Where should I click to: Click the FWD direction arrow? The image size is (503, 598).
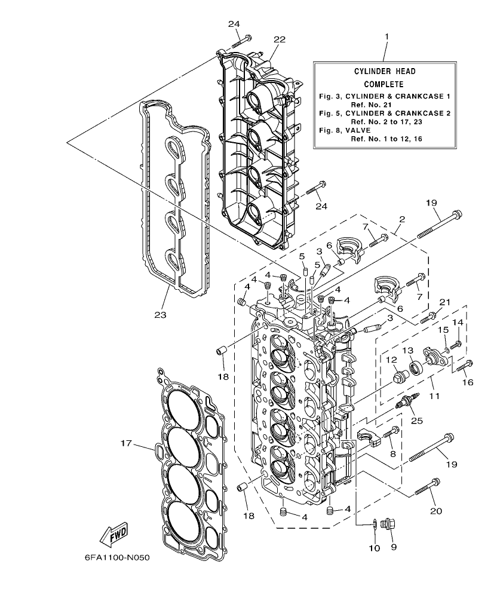(113, 535)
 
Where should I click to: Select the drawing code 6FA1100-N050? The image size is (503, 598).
(116, 558)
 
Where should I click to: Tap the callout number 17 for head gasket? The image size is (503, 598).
(125, 443)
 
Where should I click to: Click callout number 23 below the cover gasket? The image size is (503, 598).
(160, 314)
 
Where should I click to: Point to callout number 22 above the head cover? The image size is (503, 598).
(280, 39)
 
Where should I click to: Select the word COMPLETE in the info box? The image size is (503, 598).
(383, 84)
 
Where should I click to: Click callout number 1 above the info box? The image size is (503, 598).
(387, 36)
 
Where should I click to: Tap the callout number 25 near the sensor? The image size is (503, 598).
(416, 421)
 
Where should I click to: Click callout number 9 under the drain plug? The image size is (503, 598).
(393, 546)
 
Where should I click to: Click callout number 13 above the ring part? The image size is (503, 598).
(407, 349)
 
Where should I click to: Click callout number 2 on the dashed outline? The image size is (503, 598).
(401, 219)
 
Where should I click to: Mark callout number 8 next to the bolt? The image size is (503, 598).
(392, 453)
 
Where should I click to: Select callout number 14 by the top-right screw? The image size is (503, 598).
(459, 323)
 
